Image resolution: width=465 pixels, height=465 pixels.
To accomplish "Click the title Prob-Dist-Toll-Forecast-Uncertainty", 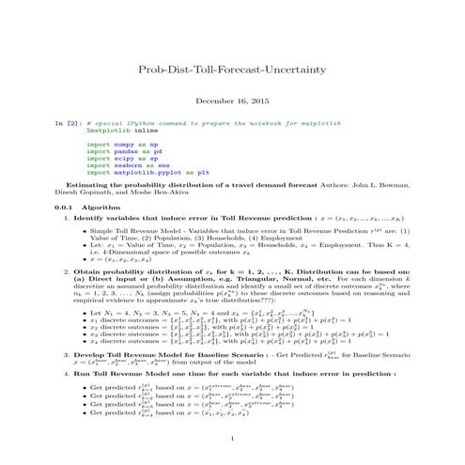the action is point(232,69).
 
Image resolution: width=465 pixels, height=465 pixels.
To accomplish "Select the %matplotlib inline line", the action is point(110,132).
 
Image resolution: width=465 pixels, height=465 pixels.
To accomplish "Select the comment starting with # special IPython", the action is point(187,124).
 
